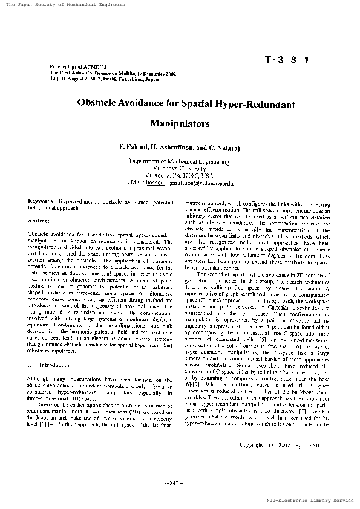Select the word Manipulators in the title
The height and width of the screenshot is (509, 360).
tap(180, 124)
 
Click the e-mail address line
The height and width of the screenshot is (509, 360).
tap(180, 182)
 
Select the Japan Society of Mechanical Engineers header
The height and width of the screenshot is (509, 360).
tap(65, 5)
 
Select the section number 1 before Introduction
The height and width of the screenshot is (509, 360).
tap(30, 365)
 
